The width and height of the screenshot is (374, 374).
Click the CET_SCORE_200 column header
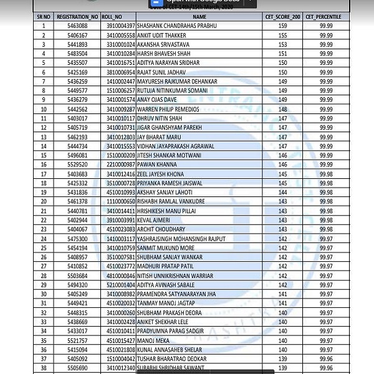tap(282, 17)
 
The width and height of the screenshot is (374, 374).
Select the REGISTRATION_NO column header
tap(77, 17)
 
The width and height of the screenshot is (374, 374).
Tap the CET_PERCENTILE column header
tap(327, 17)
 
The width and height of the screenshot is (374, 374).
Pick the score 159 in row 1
tap(282, 26)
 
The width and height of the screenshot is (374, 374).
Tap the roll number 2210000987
tap(120, 165)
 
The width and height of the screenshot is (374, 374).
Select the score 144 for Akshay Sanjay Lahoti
tap(282, 193)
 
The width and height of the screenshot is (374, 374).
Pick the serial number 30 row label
tap(44, 294)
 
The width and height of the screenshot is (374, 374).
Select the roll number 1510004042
tap(120, 359)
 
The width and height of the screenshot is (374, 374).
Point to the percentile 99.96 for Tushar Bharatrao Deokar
tap(327, 359)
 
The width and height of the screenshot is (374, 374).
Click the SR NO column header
tap(44, 17)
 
